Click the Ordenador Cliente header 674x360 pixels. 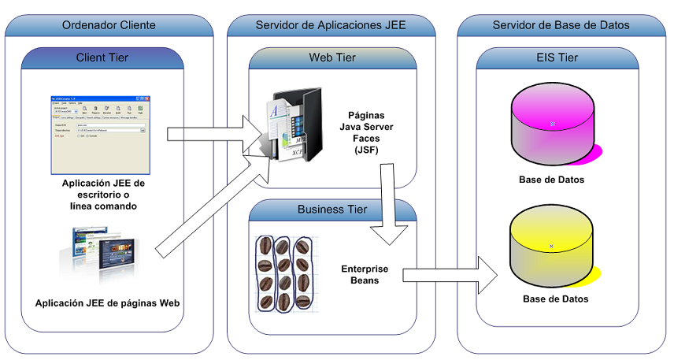(109, 25)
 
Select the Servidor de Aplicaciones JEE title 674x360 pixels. (331, 25)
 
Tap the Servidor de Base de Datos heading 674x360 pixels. (561, 25)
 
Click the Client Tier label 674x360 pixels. (102, 58)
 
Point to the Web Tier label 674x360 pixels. (332, 58)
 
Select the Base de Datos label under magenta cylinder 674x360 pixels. (551, 180)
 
